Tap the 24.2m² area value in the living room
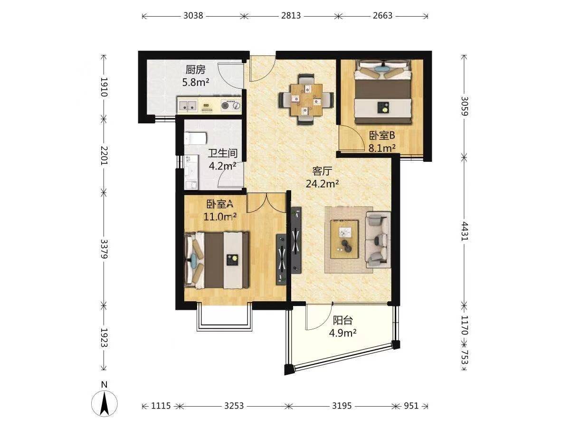[x=322, y=184]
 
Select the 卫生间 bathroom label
[x=223, y=153]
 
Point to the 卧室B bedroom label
[x=382, y=135]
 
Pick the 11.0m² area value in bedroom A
[x=220, y=216]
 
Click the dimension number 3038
[x=193, y=16]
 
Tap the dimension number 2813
[x=291, y=16]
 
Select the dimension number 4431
[x=464, y=231]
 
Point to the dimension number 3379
[x=104, y=249]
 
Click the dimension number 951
[x=411, y=406]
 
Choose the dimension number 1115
[x=161, y=406]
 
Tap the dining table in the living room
[x=306, y=100]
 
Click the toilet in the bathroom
[x=195, y=138]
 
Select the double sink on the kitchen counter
[x=187, y=105]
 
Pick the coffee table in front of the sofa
[x=344, y=239]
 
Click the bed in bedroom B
[x=383, y=92]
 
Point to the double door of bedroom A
[x=266, y=203]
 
